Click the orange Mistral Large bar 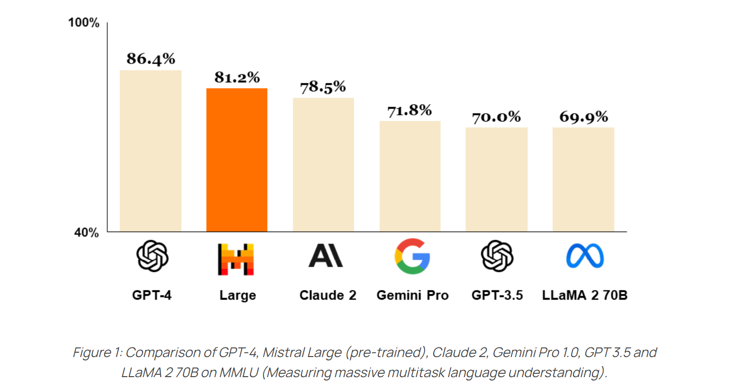point(237,160)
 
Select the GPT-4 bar point(150,151)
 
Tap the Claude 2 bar point(323,165)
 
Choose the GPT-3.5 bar point(496,179)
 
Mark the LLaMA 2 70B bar point(583,179)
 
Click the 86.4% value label point(151,59)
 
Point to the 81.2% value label point(237,77)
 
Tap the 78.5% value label point(323,87)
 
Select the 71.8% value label point(409,111)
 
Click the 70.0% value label point(496,117)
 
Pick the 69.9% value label point(583,117)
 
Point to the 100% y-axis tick point(84,22)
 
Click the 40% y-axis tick point(87,233)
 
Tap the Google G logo point(412,256)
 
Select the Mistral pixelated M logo point(236,259)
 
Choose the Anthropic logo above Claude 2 point(326,256)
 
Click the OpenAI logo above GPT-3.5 point(497,256)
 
